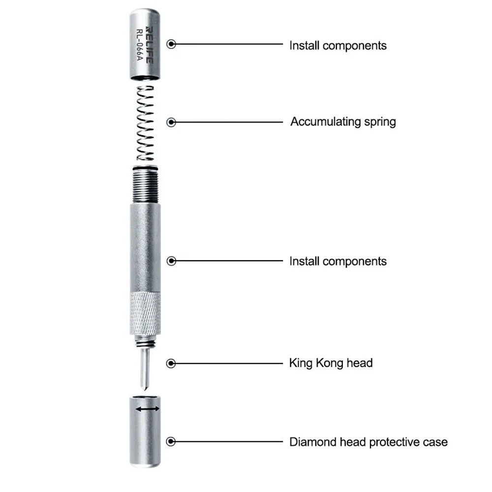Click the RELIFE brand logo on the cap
click(150, 45)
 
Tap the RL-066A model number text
click(140, 45)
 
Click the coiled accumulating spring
click(146, 123)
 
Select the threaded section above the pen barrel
click(145, 185)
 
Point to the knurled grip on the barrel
click(145, 313)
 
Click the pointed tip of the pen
click(145, 389)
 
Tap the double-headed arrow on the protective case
click(148, 409)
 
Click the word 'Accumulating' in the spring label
click(325, 122)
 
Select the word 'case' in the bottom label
click(435, 442)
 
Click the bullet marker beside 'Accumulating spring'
click(171, 122)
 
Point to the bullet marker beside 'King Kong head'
click(171, 364)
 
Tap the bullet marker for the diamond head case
click(171, 441)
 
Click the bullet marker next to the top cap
click(171, 44)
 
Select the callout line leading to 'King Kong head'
click(229, 364)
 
